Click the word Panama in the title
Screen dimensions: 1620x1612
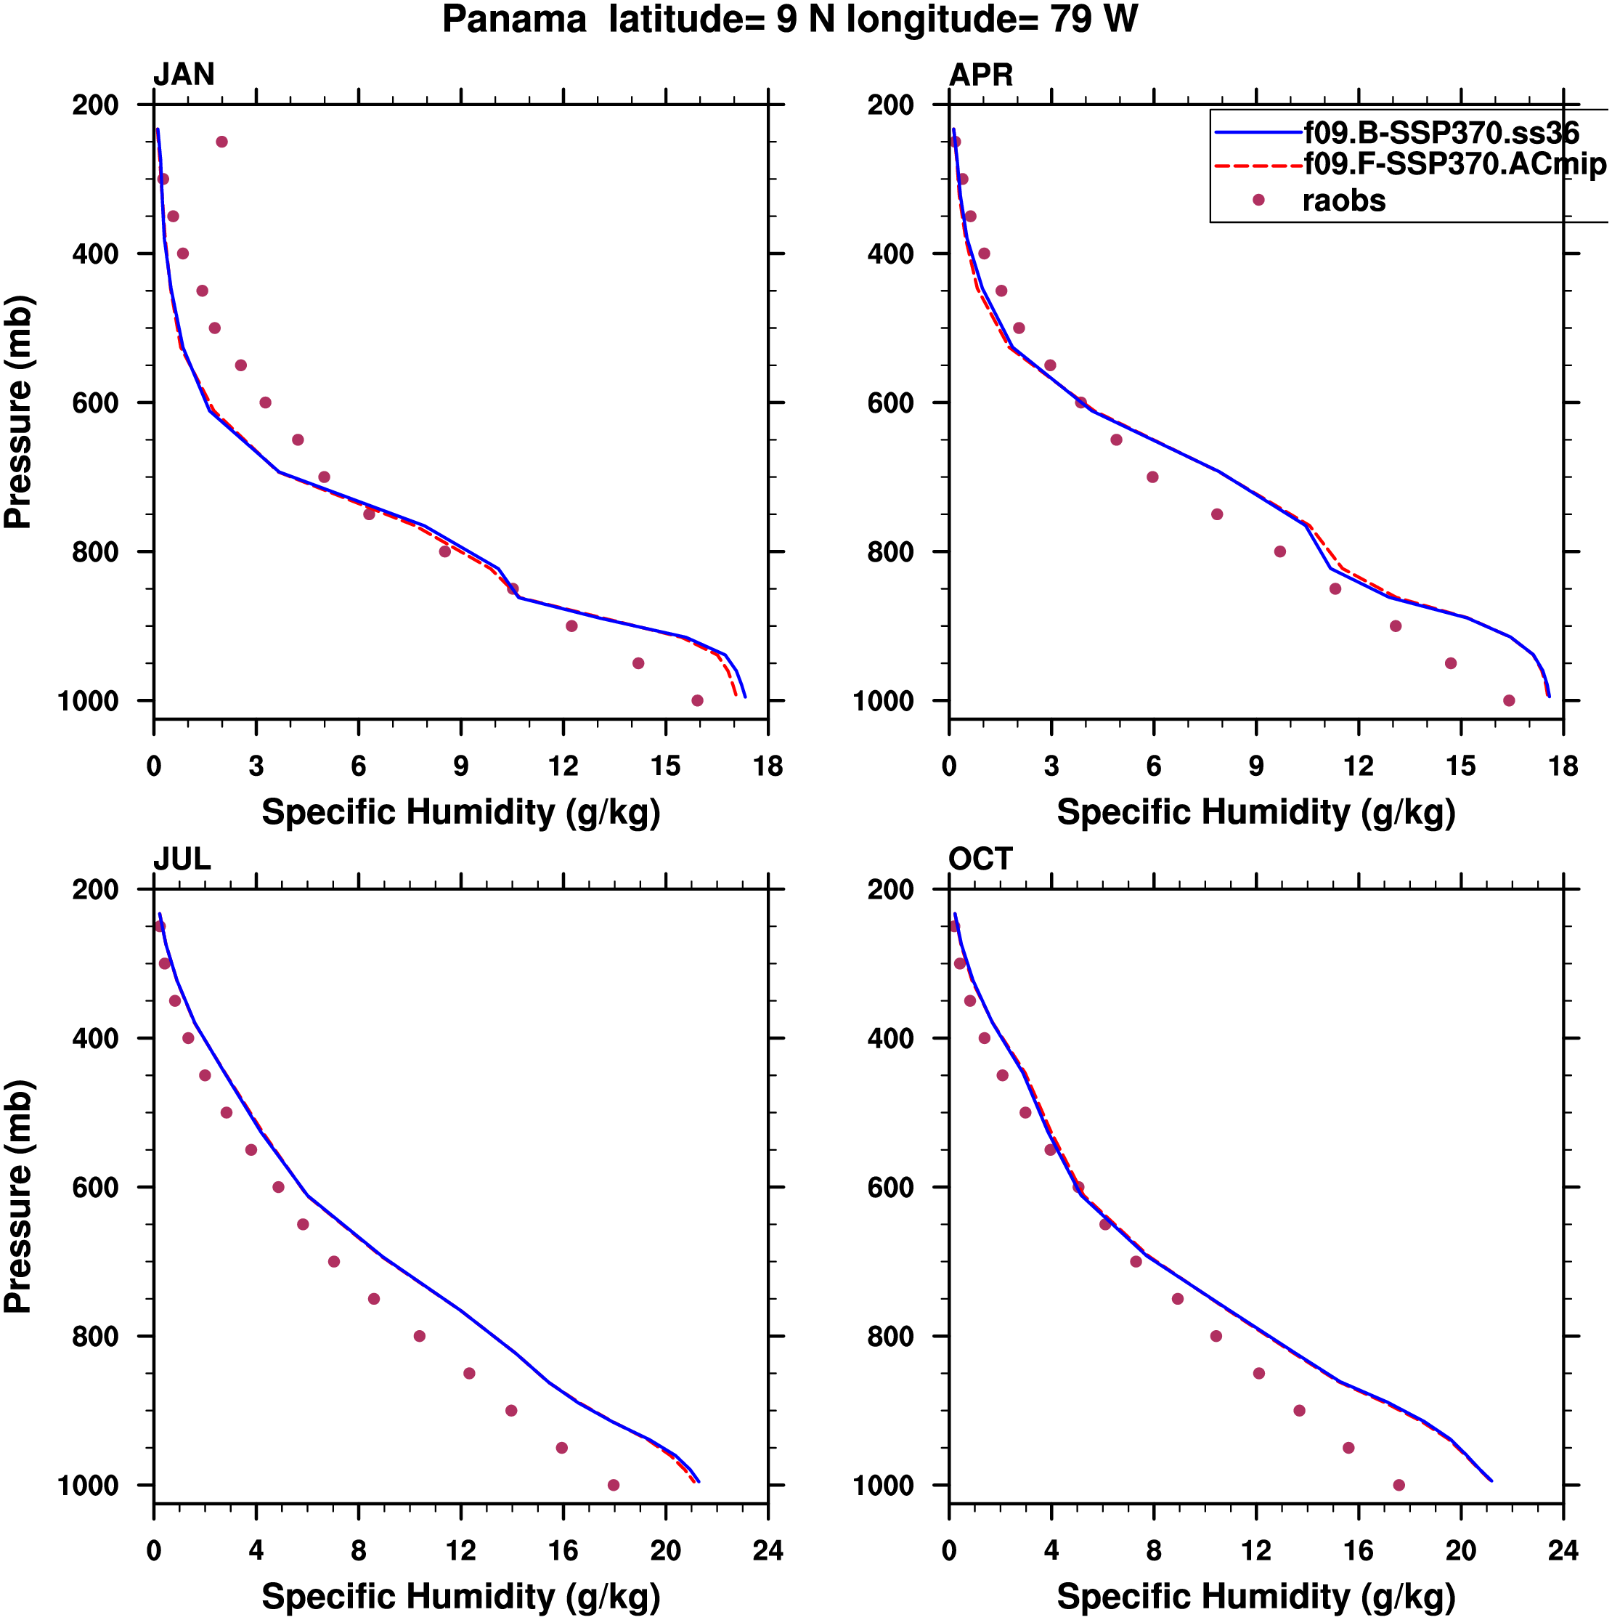click(x=514, y=20)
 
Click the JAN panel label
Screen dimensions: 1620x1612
click(x=184, y=75)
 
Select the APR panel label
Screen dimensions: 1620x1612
click(x=980, y=75)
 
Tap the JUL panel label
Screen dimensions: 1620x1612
click(x=182, y=859)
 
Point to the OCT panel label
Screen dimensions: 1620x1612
click(x=980, y=859)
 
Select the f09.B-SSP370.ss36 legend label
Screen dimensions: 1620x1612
click(x=1440, y=132)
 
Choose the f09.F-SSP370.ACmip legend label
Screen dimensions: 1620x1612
click(x=1454, y=163)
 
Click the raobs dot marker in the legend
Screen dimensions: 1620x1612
click(x=1258, y=200)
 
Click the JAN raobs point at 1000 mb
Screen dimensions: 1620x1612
click(x=696, y=700)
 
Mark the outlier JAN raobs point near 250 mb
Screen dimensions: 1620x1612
click(x=221, y=142)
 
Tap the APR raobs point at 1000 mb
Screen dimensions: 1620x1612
click(x=1509, y=700)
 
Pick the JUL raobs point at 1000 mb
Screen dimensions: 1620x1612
click(x=613, y=1485)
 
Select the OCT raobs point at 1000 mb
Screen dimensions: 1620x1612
click(x=1399, y=1485)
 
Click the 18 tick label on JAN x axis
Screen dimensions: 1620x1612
click(x=767, y=766)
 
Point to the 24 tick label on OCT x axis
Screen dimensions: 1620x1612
click(x=1563, y=1550)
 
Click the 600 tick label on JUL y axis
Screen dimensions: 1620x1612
click(x=94, y=1187)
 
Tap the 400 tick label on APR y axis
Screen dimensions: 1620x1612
click(x=890, y=254)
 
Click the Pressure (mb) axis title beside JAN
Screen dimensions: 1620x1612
click(x=18, y=411)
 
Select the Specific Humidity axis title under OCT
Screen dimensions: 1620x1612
click(x=1255, y=1597)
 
